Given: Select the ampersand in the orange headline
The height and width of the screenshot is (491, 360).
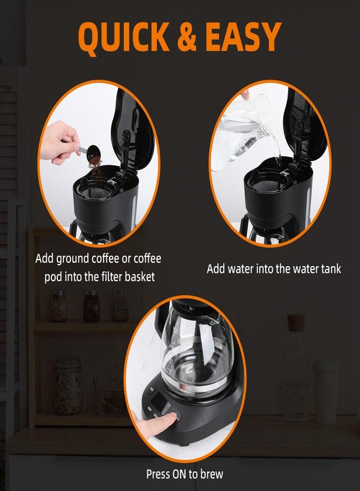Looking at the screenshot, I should (189, 37).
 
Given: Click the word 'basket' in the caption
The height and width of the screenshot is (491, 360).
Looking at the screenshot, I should (137, 277).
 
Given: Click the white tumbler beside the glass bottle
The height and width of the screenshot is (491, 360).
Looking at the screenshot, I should (326, 391).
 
